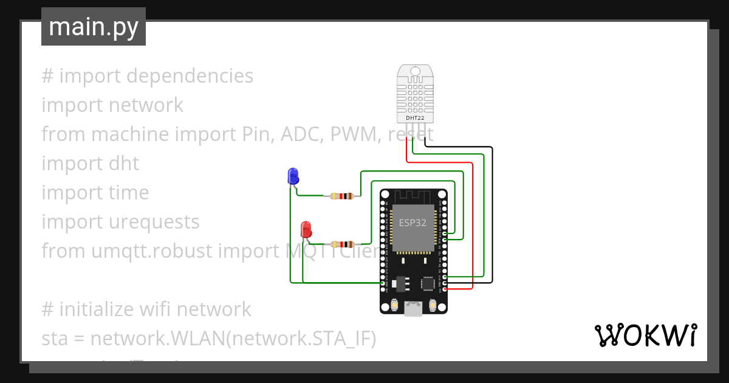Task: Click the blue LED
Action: (x=293, y=176)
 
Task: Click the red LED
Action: (x=307, y=230)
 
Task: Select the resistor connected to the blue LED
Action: (x=341, y=196)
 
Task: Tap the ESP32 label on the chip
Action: (x=412, y=223)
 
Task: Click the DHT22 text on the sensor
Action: (x=415, y=117)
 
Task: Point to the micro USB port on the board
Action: (x=414, y=309)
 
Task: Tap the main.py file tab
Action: (x=94, y=27)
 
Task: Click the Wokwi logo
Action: (x=645, y=336)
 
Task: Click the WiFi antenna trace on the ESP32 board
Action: (x=413, y=196)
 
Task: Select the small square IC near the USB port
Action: (x=429, y=283)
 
